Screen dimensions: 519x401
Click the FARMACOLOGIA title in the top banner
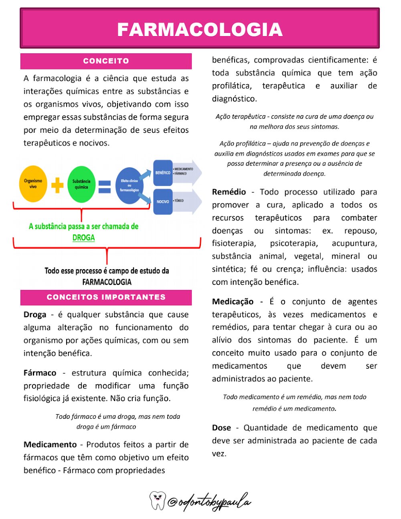click(x=200, y=29)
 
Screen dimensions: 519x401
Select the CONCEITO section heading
click(x=106, y=61)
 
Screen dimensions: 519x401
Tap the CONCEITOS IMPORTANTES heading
click(x=106, y=297)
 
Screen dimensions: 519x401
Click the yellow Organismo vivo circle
click(x=33, y=184)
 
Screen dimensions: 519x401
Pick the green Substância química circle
click(x=81, y=184)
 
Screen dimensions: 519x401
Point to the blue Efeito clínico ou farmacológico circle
click(x=130, y=185)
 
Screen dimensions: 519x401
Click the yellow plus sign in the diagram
click(x=57, y=185)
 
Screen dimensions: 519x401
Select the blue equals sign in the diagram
click(x=105, y=187)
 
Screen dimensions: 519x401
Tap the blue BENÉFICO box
click(x=163, y=173)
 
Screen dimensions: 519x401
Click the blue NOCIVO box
click(x=163, y=201)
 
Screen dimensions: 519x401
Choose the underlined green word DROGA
click(x=83, y=238)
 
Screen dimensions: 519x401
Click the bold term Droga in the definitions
click(x=35, y=315)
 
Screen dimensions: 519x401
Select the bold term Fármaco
click(x=40, y=373)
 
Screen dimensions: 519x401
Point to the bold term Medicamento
click(x=50, y=445)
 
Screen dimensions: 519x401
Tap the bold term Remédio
click(x=229, y=192)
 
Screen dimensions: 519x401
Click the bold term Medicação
click(x=233, y=302)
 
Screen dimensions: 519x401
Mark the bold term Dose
click(x=221, y=428)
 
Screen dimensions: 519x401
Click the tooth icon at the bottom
click(x=158, y=500)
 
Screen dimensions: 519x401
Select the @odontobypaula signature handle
click(x=209, y=502)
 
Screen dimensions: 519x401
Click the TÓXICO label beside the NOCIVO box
click(x=179, y=201)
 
